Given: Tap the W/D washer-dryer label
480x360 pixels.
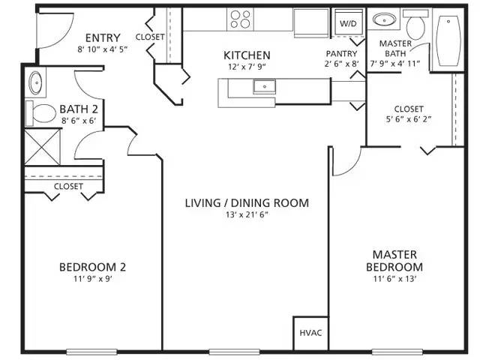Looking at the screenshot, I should click(x=349, y=24).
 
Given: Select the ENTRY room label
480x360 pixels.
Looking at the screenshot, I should click(x=103, y=38).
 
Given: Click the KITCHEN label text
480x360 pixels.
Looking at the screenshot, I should click(x=247, y=55).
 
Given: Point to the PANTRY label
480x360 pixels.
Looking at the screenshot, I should click(x=341, y=54).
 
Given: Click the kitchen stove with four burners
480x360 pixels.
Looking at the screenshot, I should click(x=241, y=19).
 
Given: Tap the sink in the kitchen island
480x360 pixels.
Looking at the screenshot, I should click(x=263, y=86).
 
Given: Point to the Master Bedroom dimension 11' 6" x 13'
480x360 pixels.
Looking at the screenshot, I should click(x=394, y=279).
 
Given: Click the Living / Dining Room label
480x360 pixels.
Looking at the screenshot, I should click(x=247, y=202).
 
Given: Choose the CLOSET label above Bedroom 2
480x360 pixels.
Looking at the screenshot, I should click(x=68, y=186).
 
